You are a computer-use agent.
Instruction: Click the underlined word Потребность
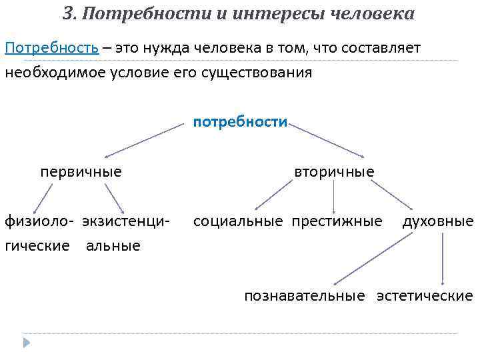point(52,48)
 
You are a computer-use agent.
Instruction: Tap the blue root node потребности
point(240,123)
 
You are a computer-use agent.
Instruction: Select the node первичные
point(81,172)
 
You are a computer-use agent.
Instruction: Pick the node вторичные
point(334,172)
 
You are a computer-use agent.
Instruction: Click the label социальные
point(238,221)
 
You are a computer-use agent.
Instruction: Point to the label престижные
point(337,221)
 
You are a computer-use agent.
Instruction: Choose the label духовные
point(438,221)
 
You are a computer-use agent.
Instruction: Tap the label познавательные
point(304,295)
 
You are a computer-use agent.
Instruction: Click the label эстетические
point(425,295)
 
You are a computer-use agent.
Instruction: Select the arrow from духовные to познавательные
point(373,261)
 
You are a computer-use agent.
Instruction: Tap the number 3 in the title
point(67,13)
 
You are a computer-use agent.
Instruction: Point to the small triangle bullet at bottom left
point(26,343)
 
